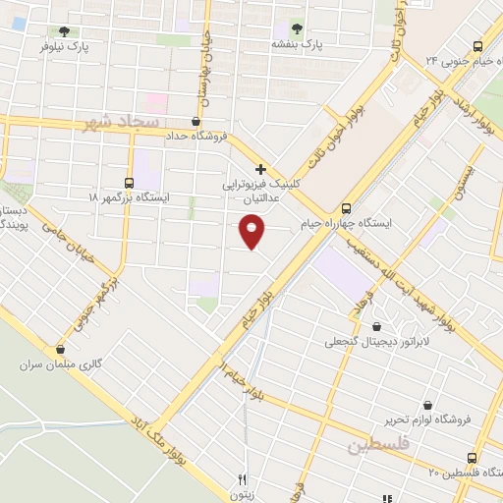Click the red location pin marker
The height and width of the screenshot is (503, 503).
[x=251, y=233]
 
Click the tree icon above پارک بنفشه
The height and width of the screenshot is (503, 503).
[x=299, y=29]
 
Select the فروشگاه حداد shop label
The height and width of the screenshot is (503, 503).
[x=196, y=136]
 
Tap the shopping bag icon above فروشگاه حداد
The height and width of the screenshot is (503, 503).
[x=196, y=121]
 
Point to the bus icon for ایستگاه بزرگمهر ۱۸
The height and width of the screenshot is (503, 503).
[x=130, y=182]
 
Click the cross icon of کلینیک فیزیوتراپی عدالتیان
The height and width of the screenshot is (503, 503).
[x=260, y=169]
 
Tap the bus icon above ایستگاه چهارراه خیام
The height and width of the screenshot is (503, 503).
[x=345, y=207]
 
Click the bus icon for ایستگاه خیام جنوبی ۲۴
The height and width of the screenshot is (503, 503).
[x=478, y=45]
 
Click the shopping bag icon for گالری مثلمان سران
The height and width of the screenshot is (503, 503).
[x=61, y=349]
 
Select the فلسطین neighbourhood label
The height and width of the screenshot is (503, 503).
[x=375, y=448]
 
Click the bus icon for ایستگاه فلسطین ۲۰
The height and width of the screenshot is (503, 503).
[x=474, y=458]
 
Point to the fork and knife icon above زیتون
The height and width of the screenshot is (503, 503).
[x=241, y=480]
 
